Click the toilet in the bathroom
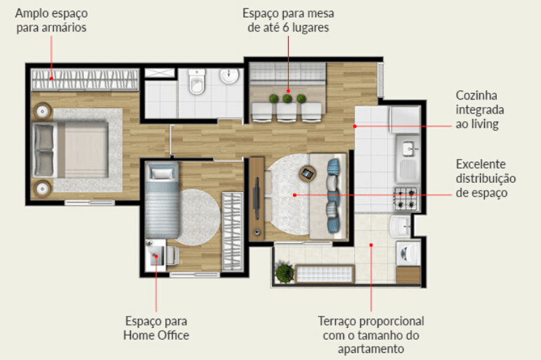(197, 82)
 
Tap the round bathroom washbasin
(229, 76)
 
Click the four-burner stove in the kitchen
(406, 200)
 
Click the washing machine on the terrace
(408, 254)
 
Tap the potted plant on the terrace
(285, 273)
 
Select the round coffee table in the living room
(307, 174)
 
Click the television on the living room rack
(256, 198)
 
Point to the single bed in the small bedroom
(162, 200)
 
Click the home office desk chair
(172, 256)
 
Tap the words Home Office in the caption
(156, 335)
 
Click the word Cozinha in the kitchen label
(477, 95)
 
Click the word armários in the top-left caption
(64, 27)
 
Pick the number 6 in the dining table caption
(286, 27)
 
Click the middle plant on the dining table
(287, 99)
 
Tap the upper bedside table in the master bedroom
(43, 111)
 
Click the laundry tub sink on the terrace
(400, 226)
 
